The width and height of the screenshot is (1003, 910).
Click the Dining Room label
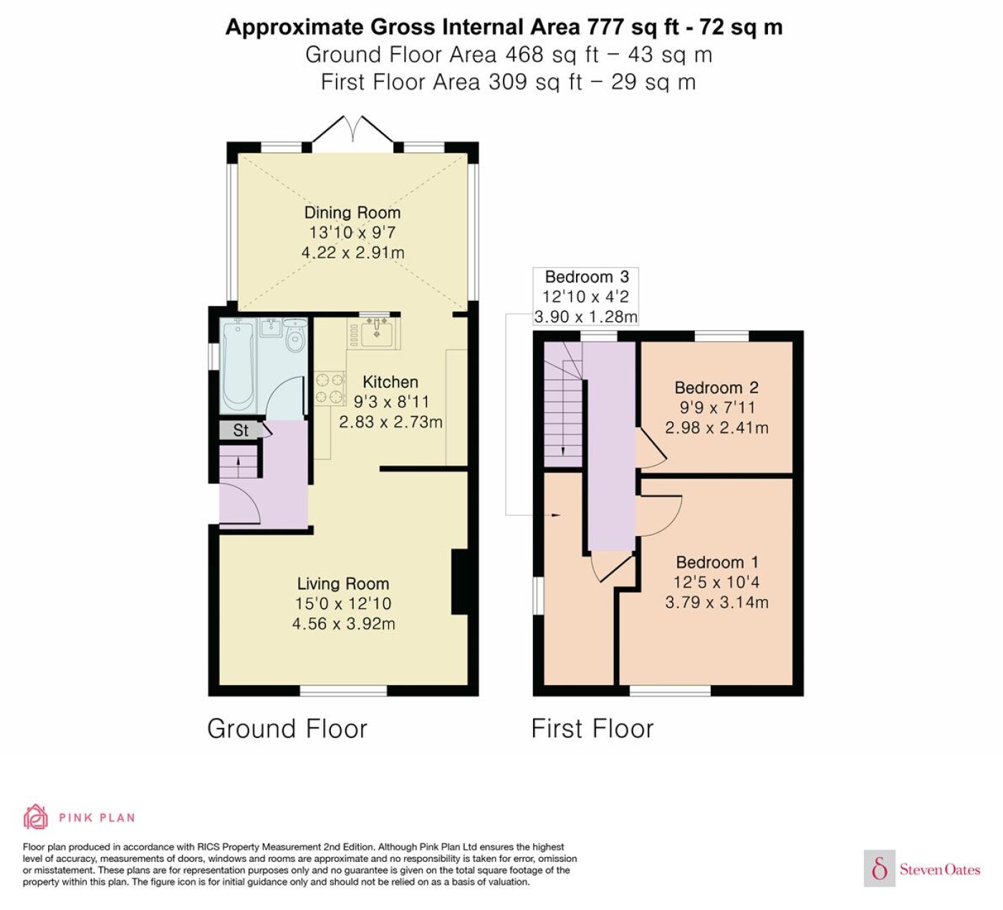click(x=352, y=213)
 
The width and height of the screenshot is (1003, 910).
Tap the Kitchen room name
click(x=390, y=382)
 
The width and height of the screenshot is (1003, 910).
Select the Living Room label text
click(x=343, y=583)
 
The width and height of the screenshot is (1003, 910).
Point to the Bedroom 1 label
click(x=717, y=562)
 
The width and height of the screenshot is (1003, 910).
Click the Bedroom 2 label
click(x=716, y=388)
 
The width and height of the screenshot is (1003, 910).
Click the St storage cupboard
click(x=240, y=430)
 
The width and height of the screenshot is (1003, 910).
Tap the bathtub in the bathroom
click(x=238, y=366)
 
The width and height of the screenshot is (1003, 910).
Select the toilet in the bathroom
click(x=295, y=335)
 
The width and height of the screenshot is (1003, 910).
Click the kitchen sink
click(x=377, y=332)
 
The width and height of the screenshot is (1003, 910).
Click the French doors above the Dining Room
click(x=353, y=129)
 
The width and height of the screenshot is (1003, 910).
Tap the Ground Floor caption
click(x=287, y=729)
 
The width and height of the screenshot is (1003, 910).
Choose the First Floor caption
click(x=592, y=729)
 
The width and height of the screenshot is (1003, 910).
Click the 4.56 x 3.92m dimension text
click(x=343, y=624)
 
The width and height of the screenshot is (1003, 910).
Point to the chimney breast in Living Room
click(x=460, y=582)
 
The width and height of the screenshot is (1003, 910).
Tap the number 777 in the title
click(x=605, y=27)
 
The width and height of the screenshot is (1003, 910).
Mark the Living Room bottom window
click(x=343, y=690)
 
